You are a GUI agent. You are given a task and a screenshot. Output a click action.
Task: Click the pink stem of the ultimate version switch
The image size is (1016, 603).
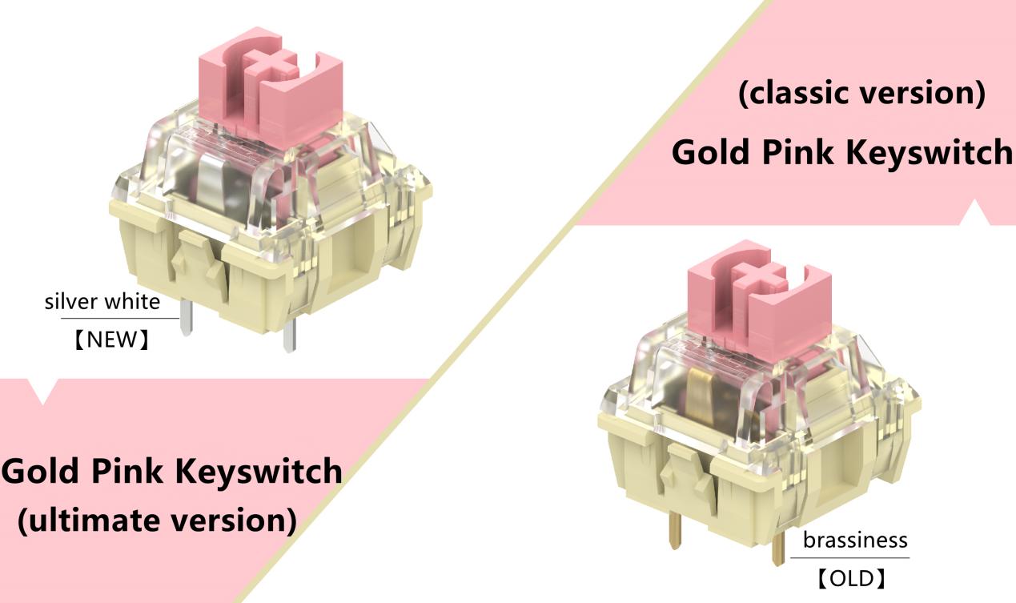(x=271, y=88)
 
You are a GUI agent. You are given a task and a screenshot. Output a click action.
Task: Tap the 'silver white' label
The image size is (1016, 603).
(x=102, y=303)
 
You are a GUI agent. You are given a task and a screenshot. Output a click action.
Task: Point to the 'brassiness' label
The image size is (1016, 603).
(x=855, y=541)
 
